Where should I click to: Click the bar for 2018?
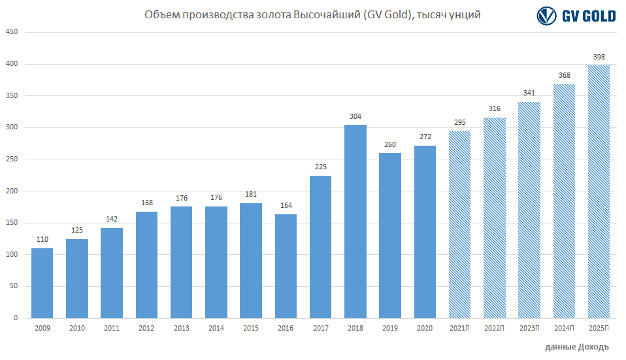[355, 221]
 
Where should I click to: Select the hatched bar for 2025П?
[599, 191]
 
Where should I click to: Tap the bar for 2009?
[42, 283]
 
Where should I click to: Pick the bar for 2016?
[286, 266]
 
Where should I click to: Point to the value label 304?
[355, 117]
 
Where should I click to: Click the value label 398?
[599, 57]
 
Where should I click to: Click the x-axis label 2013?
[182, 328]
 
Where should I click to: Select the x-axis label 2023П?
[529, 328]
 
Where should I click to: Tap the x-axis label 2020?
[425, 328]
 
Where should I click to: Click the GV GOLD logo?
[576, 16]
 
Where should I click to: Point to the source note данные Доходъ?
[576, 346]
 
